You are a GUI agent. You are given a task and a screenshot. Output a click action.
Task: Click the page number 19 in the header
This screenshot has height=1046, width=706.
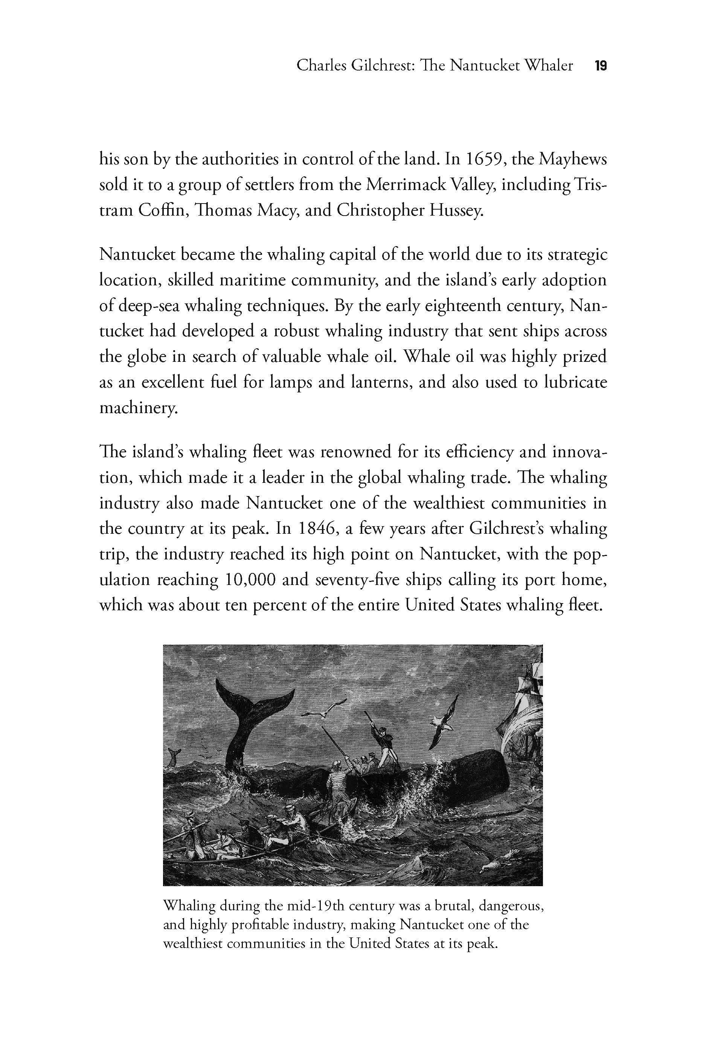tap(600, 66)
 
